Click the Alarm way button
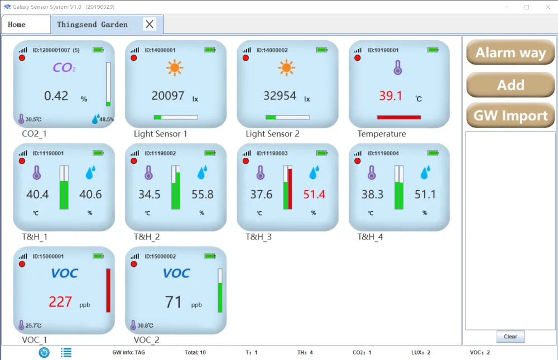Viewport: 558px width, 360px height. point(511,53)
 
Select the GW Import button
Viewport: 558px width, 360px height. point(511,116)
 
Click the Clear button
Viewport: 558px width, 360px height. point(511,337)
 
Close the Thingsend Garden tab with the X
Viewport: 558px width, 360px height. point(150,24)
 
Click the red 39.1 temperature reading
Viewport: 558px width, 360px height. point(391,96)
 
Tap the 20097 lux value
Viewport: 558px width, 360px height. point(168,96)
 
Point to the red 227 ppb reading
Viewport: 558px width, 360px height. point(60,302)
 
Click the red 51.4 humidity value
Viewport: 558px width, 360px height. point(314,194)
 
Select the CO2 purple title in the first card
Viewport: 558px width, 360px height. point(64,68)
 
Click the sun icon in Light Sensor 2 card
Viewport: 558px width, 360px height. point(287,68)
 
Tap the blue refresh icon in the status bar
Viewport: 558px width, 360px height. point(44,352)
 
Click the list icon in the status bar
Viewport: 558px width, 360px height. point(66,352)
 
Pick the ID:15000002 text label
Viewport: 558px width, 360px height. point(160,256)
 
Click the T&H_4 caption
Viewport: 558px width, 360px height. point(371,237)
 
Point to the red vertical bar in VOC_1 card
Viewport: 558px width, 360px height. point(108,290)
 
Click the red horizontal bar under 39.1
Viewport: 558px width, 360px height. point(398,117)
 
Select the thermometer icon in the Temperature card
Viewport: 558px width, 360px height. point(398,68)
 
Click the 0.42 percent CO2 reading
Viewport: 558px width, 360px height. point(56,96)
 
